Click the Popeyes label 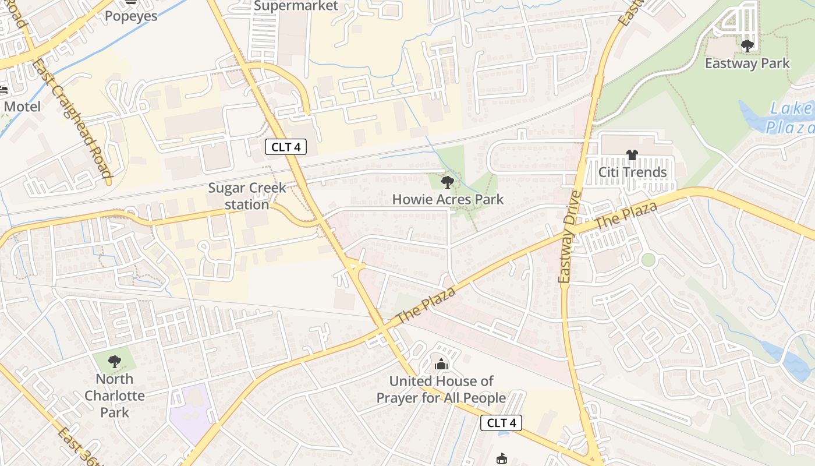coord(131,16)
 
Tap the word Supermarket coord(296,6)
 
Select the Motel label coord(22,107)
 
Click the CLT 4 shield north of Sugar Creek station coord(285,147)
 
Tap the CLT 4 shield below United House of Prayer coord(501,423)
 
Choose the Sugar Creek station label coord(247,196)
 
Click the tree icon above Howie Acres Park coord(447,182)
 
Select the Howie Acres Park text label coord(448,199)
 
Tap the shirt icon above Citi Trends coord(632,155)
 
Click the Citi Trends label coord(632,172)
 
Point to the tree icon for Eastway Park coord(747,45)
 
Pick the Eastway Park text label coord(747,63)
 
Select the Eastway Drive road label coord(569,237)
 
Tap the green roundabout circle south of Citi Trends coord(648,260)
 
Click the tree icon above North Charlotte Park coord(115,362)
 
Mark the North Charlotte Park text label coord(115,396)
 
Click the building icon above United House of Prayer coord(441,365)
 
